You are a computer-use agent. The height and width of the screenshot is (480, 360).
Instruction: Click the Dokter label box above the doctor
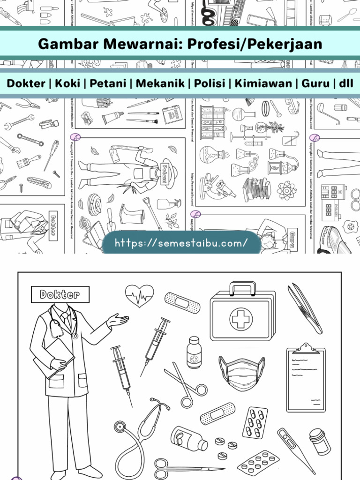tap(60, 294)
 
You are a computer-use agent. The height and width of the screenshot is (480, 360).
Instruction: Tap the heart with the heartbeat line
tap(139, 295)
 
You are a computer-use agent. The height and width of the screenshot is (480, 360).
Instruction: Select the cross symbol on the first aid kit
tap(241, 319)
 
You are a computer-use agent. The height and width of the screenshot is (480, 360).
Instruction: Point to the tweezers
tap(305, 308)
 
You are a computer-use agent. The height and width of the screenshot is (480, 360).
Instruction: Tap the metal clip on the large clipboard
tap(306, 347)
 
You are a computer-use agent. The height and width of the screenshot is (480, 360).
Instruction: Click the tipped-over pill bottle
tap(188, 438)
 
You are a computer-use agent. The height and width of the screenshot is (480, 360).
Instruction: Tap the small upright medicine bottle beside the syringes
tap(194, 352)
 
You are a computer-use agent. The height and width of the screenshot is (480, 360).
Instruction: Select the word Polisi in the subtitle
tap(210, 84)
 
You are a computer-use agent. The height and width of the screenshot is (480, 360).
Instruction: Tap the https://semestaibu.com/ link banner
tap(181, 243)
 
